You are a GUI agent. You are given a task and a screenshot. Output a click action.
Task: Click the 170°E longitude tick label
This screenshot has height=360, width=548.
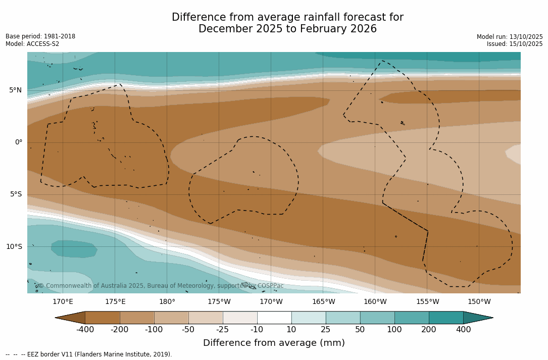(x=63, y=302)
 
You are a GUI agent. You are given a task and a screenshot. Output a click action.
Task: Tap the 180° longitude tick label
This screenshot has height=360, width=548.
(x=167, y=302)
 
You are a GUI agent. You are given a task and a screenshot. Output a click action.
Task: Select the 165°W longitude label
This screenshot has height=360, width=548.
(x=323, y=302)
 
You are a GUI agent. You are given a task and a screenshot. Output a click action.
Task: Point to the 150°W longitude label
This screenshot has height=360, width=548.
(x=479, y=302)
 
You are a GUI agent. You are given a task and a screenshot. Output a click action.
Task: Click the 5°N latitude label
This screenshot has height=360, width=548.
(x=15, y=90)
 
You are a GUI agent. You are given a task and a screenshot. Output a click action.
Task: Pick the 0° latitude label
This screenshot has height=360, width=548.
(x=18, y=142)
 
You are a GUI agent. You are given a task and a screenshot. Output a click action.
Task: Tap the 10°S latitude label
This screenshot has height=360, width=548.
(x=14, y=247)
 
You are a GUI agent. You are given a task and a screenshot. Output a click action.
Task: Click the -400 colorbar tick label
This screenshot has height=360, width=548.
(x=85, y=330)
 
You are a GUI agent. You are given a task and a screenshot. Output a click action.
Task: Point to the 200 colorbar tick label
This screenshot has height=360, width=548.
(x=429, y=330)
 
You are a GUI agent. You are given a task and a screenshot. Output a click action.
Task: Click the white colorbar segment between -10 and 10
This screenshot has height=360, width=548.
(x=274, y=318)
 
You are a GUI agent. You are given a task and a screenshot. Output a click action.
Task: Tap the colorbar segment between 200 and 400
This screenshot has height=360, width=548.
(x=446, y=318)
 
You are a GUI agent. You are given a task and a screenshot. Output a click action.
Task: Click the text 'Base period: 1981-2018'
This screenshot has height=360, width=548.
(x=40, y=36)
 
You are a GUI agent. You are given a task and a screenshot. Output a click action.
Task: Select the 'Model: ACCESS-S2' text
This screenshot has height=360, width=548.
(x=32, y=44)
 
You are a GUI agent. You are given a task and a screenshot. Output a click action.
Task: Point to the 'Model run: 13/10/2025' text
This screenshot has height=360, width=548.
(x=510, y=37)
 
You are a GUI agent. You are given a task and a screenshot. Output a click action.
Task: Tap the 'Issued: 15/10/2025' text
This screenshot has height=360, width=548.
(x=515, y=44)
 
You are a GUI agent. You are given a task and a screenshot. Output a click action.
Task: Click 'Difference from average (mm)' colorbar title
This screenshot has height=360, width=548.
(x=274, y=343)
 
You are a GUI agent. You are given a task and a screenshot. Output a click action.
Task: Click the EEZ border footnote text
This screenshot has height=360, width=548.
(x=89, y=354)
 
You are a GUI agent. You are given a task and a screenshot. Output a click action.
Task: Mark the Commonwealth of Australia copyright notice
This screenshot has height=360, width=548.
(x=161, y=286)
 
